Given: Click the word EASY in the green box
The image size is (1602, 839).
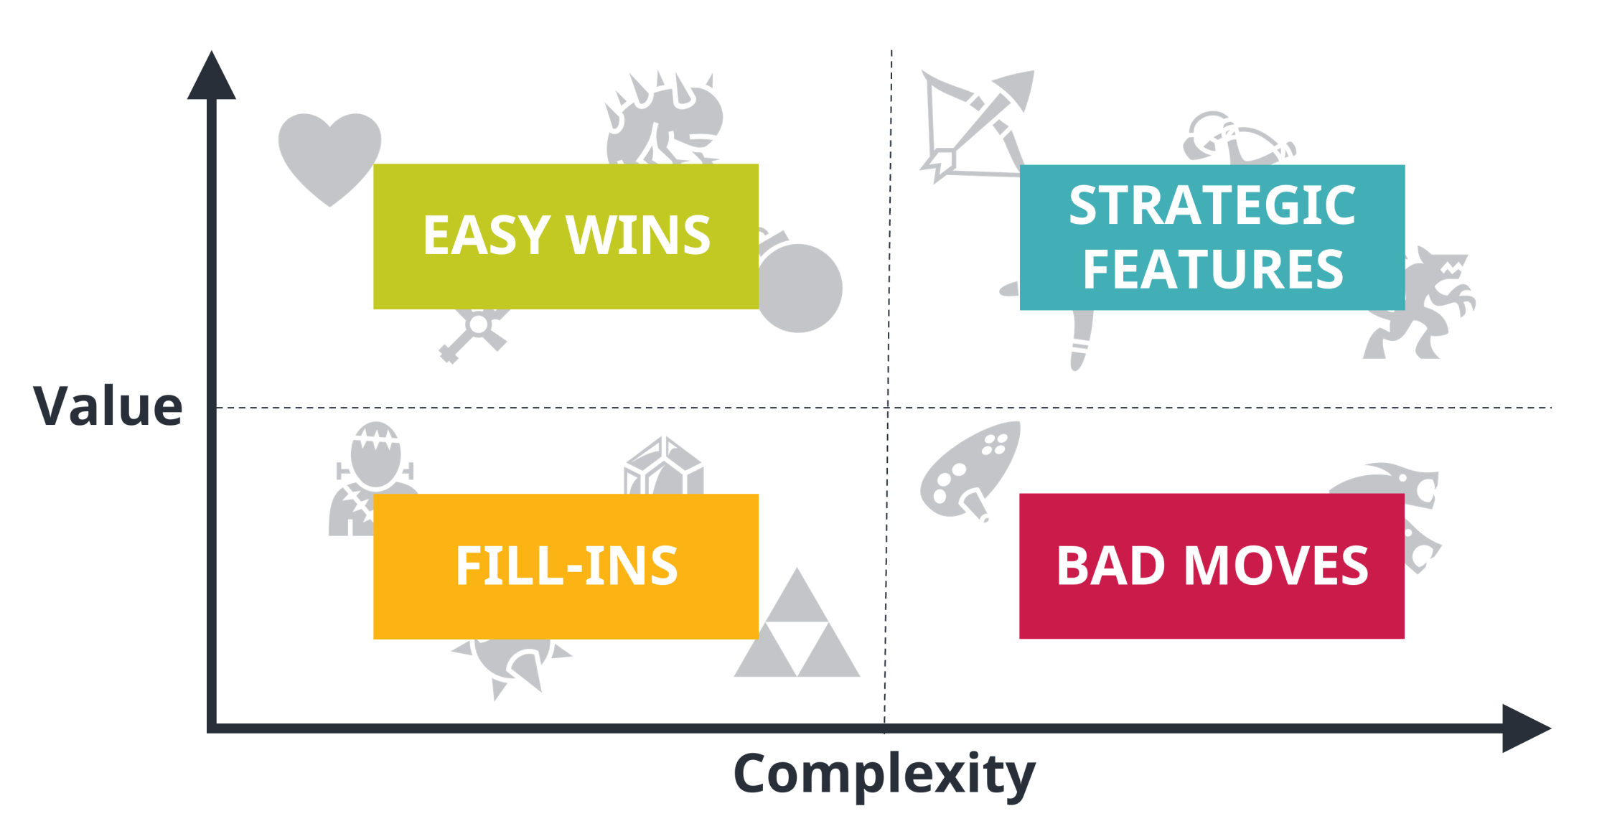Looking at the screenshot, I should tap(486, 235).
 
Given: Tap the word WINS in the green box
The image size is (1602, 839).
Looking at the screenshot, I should tap(638, 235).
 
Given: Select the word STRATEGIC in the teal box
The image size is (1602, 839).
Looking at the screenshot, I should tap(1212, 205).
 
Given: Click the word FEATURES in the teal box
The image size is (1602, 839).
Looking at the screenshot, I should tap(1212, 269).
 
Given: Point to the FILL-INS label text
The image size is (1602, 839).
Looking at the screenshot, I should tap(566, 566).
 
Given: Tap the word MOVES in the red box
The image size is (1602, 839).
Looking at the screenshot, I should tap(1276, 566).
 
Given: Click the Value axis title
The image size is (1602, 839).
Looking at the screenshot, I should tap(108, 406).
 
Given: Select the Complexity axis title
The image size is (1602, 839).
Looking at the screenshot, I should tap(884, 774).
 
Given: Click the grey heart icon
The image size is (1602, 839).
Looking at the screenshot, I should tap(329, 154).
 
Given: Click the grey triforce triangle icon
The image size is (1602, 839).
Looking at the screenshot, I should tap(797, 632).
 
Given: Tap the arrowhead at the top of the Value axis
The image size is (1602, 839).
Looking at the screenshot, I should tap(211, 77).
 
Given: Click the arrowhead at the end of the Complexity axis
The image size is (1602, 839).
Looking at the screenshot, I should tap(1525, 728).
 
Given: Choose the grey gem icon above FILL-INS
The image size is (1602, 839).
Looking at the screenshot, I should tap(664, 467).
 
